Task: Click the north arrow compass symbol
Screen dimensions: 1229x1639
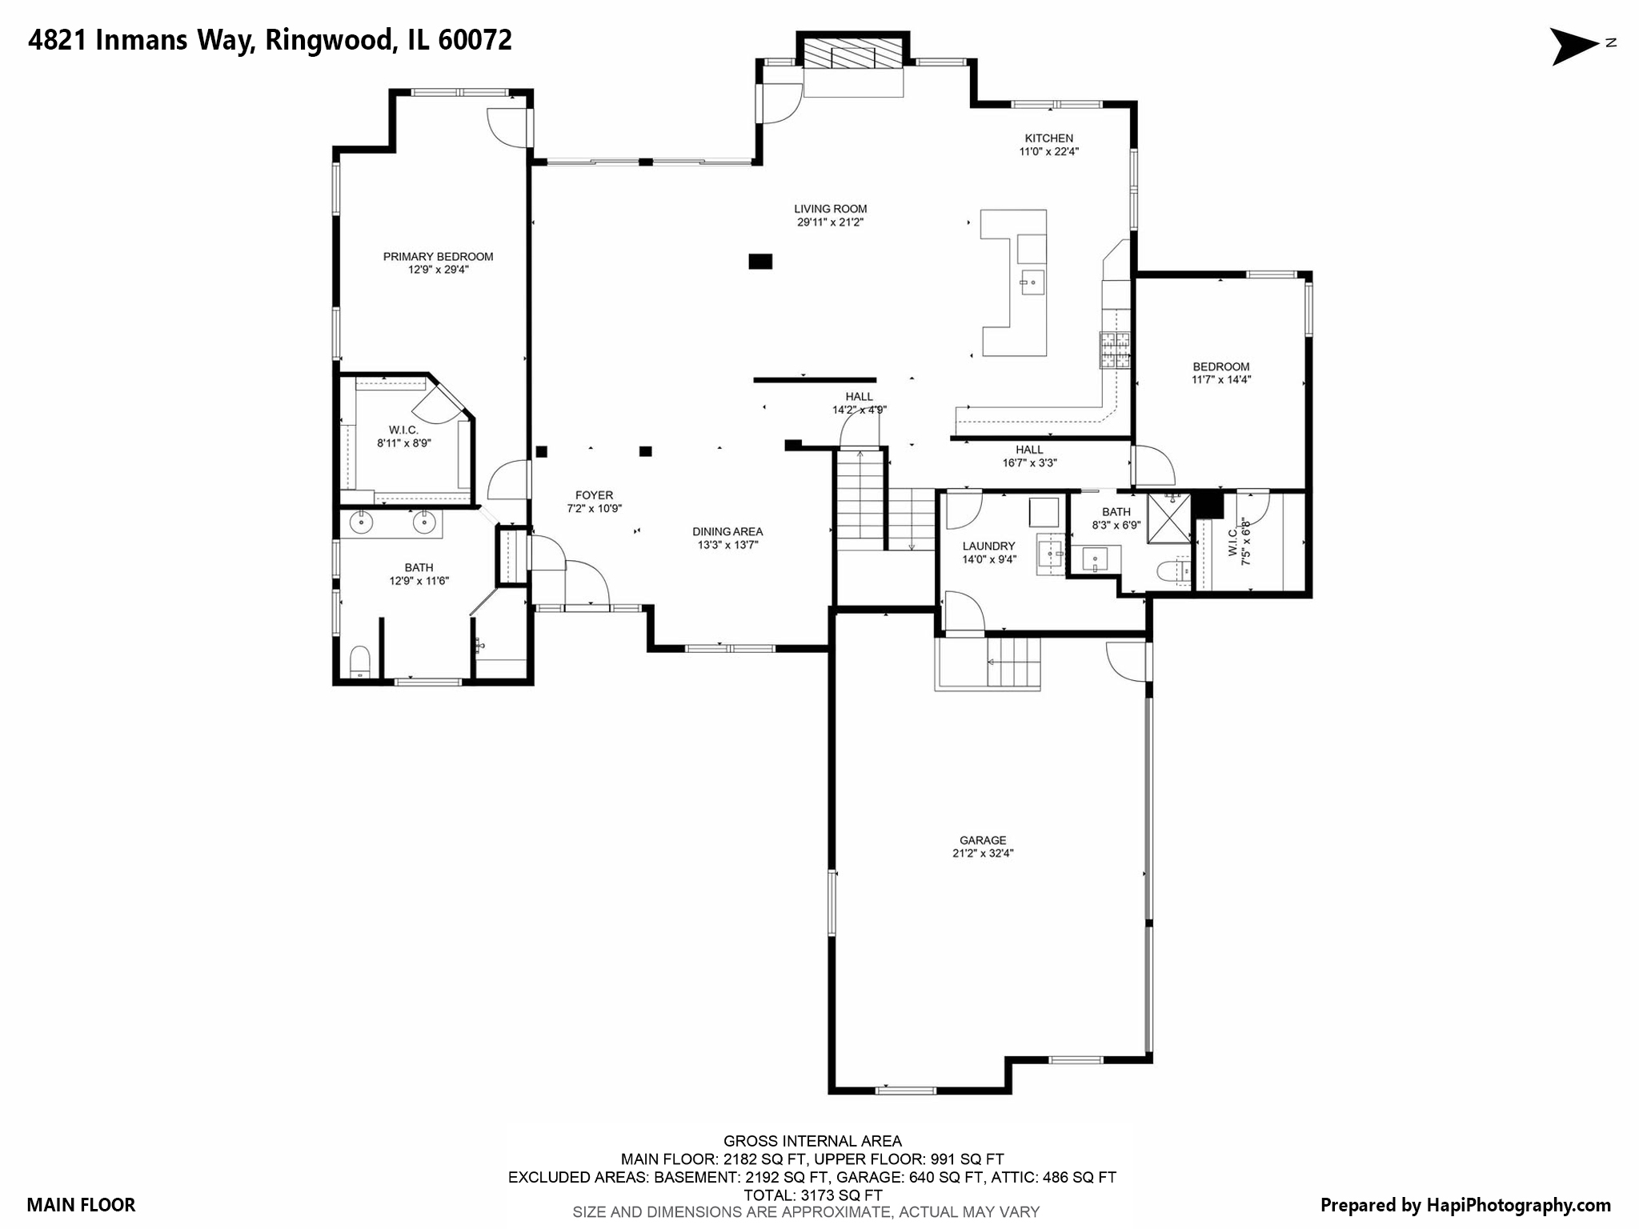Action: tap(1573, 46)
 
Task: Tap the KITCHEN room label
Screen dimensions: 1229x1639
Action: tap(1048, 138)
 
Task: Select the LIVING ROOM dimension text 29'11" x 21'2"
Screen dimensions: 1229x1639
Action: tap(830, 222)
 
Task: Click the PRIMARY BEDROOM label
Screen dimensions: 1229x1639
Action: tap(438, 257)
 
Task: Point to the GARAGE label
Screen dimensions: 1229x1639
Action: tap(983, 840)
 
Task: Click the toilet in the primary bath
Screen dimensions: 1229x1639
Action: tap(360, 663)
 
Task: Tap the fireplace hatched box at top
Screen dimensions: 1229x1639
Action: tap(852, 57)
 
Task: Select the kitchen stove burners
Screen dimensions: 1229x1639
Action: tap(1114, 350)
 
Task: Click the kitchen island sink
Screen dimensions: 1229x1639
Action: tap(1032, 282)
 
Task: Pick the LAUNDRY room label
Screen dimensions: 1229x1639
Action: tap(988, 546)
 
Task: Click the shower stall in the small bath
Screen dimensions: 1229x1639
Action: tap(1168, 518)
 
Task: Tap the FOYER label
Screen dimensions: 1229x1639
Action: tap(594, 495)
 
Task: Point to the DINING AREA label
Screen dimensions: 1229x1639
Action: tap(727, 531)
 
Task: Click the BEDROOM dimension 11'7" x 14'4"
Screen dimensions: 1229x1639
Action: tap(1220, 380)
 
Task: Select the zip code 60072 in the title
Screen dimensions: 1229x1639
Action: tap(475, 40)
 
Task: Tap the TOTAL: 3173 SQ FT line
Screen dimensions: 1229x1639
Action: tap(812, 1195)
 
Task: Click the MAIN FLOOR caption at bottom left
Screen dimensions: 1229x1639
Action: tap(81, 1205)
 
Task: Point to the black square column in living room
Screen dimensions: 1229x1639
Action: tap(760, 261)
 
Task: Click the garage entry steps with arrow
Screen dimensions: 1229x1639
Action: tap(1013, 663)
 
